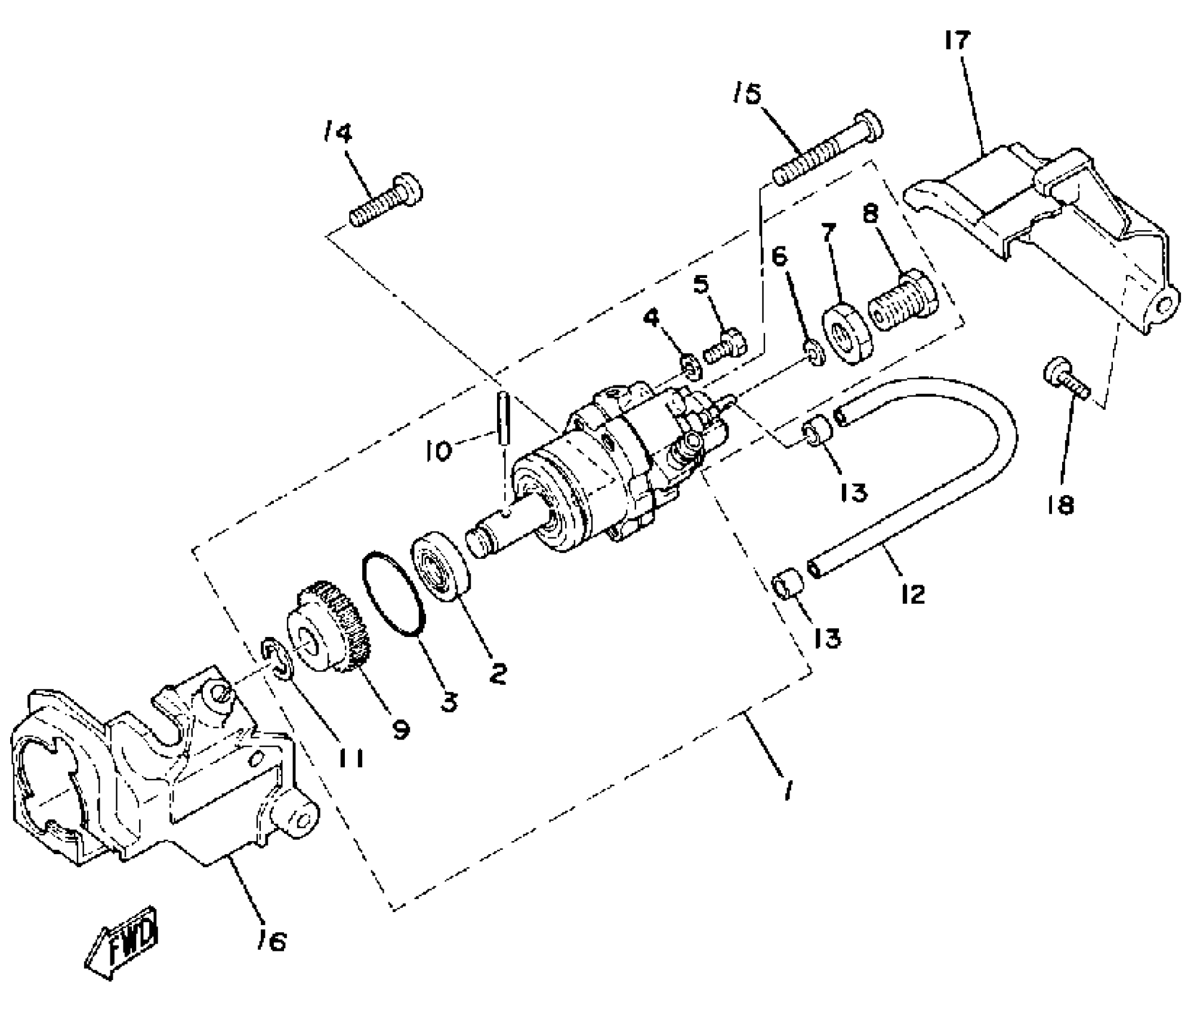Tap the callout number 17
click(x=957, y=41)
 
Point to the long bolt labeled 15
click(x=826, y=149)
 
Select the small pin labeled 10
click(x=502, y=417)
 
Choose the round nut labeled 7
click(x=847, y=334)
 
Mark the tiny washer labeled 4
click(x=691, y=367)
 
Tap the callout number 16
click(x=271, y=941)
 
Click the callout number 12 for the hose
click(x=912, y=594)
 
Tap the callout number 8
click(x=871, y=213)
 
